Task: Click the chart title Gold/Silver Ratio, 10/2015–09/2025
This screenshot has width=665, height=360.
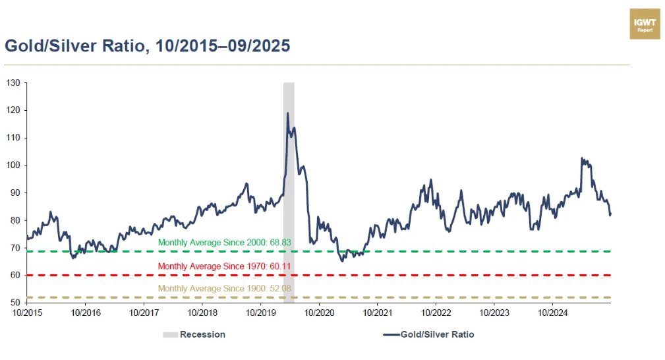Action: coord(148,46)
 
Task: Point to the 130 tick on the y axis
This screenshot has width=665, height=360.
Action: coord(13,83)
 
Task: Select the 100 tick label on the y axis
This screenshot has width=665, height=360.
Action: coord(13,165)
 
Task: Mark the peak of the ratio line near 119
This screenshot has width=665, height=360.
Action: coord(287,113)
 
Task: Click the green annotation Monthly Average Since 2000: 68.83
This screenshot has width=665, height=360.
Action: coord(225,243)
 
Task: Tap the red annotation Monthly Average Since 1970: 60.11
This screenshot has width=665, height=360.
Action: coord(225,266)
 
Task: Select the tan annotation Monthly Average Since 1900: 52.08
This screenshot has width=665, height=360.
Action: coord(225,289)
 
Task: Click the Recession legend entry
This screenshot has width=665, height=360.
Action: coord(202,334)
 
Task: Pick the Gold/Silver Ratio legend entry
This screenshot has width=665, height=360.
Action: coord(437,334)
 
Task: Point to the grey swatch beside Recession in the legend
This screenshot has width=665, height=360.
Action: coord(169,334)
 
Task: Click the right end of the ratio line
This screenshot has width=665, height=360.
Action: coord(610,214)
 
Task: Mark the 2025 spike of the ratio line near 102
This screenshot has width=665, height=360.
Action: coord(581,158)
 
